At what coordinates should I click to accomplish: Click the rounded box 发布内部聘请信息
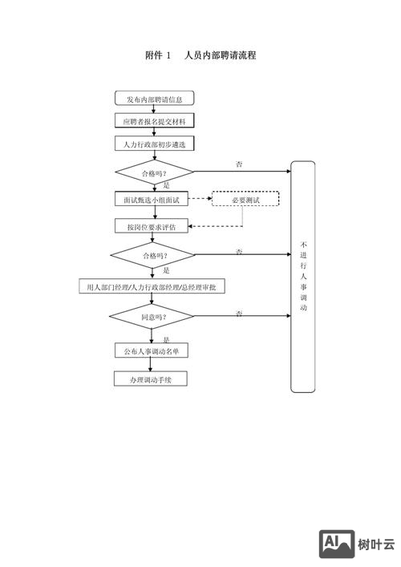[x=154, y=99]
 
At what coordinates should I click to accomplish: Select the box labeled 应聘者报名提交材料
[x=154, y=122]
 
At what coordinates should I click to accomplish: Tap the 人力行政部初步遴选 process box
[x=154, y=144]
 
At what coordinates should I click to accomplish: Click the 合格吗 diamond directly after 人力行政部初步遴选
[x=154, y=172]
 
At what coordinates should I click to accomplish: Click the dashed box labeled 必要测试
[x=245, y=199]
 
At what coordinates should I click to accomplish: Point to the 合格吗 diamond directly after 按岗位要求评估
[x=152, y=255]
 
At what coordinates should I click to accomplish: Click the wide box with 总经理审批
[x=152, y=287]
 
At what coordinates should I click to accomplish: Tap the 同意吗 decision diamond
[x=152, y=317]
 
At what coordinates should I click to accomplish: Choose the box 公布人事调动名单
[x=152, y=351]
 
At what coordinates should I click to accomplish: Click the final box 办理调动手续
[x=152, y=378]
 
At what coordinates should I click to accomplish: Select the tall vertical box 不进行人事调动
[x=302, y=277]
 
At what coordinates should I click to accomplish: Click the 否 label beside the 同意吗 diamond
[x=239, y=312]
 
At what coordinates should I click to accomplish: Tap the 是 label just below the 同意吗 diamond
[x=166, y=339]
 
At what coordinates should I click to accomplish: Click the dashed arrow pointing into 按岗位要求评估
[x=209, y=226]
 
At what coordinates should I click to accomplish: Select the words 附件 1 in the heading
[x=158, y=55]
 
